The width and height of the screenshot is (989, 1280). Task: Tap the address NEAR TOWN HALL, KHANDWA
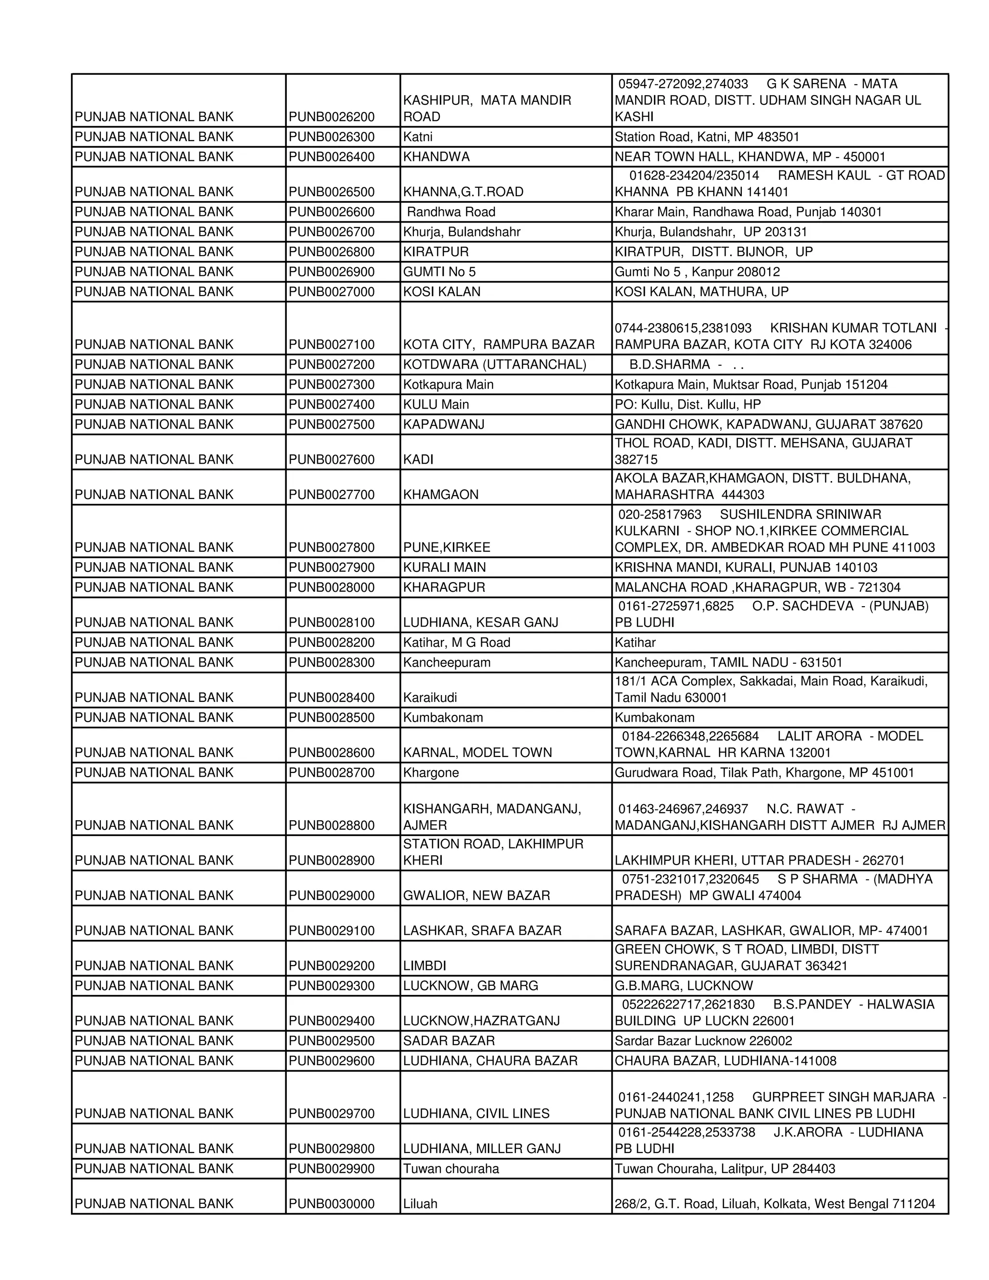coord(749,156)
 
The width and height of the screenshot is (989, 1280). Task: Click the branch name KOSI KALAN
coord(441,291)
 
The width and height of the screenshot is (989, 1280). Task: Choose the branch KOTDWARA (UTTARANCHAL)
coord(494,364)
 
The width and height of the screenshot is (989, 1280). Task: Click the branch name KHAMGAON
coord(440,494)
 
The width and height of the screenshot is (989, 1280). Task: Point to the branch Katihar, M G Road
coord(456,642)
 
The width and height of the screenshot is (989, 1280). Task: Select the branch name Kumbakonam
coord(443,717)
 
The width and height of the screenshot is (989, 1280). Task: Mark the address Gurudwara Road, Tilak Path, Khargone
coord(764,772)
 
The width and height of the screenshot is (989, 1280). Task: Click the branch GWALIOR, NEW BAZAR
coord(476,895)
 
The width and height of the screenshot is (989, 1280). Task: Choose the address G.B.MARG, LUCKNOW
coord(683,985)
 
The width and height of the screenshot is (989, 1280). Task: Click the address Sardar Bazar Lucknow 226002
coord(703,1040)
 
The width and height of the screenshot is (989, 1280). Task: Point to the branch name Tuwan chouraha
coord(451,1168)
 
